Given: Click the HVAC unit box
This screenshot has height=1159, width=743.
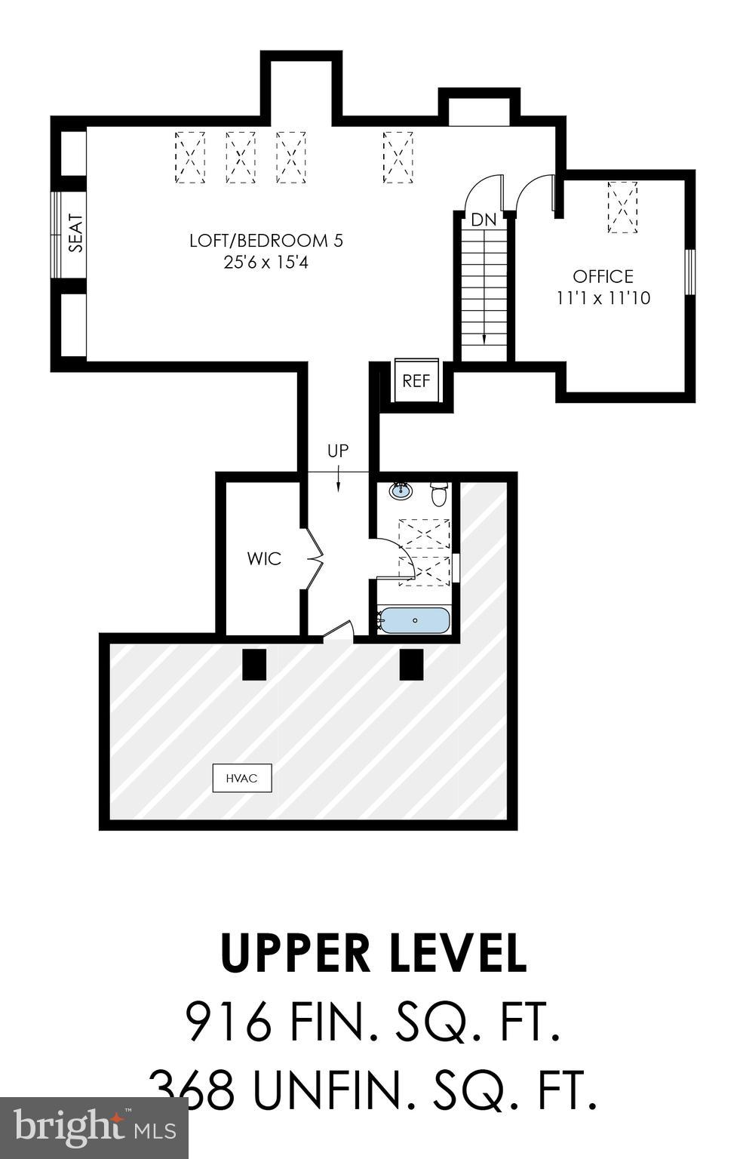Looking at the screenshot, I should point(241,778).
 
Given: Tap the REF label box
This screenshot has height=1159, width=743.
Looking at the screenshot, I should point(416,381).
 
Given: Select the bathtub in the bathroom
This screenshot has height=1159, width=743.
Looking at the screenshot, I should point(415,620).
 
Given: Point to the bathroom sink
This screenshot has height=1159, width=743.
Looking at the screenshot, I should point(401,491).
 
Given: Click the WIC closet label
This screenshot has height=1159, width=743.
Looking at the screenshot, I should point(264,559).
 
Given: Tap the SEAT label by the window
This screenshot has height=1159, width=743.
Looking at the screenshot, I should point(76,233).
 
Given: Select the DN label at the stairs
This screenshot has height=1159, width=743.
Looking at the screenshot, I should point(484,220).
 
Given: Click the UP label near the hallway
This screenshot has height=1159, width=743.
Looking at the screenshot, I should point(338,451).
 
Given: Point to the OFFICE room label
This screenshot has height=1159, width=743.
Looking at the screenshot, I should point(603,276).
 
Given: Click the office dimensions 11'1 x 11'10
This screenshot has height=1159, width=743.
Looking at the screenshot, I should point(603,298).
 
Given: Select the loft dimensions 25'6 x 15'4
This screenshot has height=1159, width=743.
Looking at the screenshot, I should point(266,263).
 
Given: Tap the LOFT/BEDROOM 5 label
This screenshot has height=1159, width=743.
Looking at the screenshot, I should point(266,241).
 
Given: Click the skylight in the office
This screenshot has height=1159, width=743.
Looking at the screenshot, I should point(622,208).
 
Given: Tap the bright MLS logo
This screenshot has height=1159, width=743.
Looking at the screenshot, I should point(94,1128).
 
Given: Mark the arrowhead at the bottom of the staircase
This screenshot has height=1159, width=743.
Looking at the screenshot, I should point(484,339).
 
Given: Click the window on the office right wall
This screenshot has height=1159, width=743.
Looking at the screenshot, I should point(689,272).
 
